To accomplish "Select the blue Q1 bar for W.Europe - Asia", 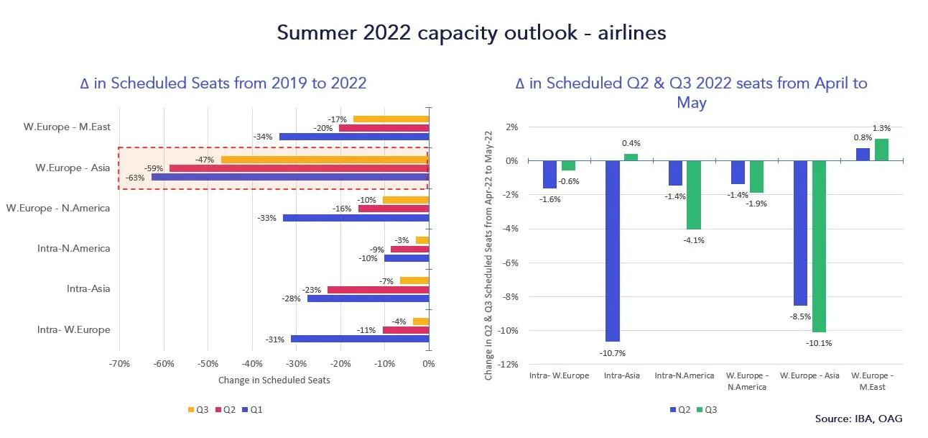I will (289, 177).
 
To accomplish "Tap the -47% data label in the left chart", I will (205, 160).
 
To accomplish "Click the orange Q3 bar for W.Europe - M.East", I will (391, 119).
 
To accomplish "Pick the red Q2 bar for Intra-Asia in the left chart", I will (378, 290).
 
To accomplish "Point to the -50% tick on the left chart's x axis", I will (208, 364).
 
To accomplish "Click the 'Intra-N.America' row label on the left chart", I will (74, 249).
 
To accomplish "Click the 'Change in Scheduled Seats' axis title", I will (274, 380).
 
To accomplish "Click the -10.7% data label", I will (612, 353).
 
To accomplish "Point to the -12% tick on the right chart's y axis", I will (509, 365).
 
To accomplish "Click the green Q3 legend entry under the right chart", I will (706, 410).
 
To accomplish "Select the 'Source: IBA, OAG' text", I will (858, 419).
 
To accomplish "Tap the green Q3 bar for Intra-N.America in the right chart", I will (694, 195).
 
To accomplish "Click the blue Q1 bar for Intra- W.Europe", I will (359, 339).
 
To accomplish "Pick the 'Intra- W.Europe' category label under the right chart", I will (559, 375).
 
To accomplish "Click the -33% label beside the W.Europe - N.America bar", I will (264, 218).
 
